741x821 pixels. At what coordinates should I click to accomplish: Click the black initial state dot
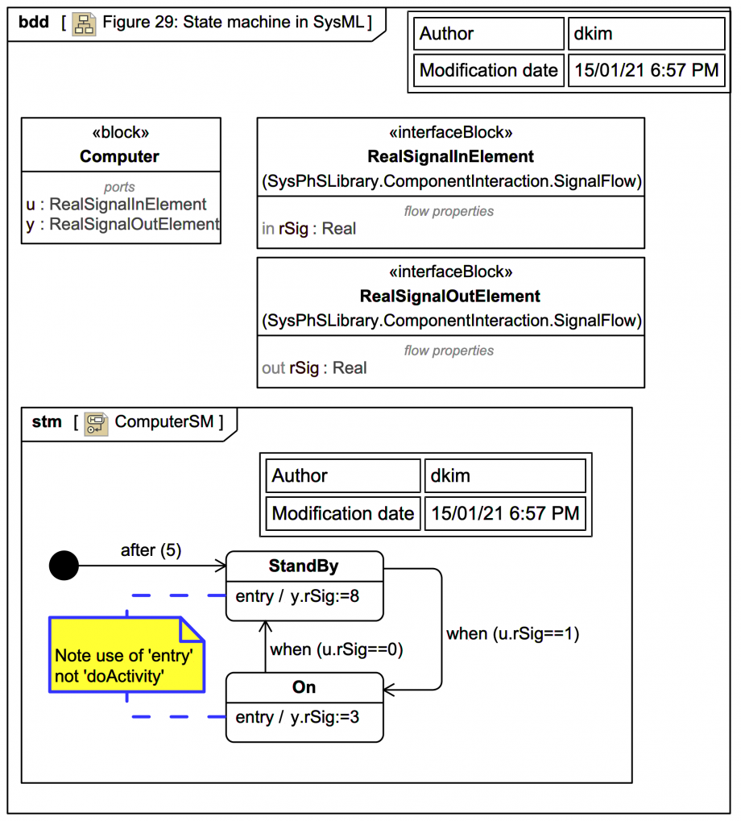point(64,566)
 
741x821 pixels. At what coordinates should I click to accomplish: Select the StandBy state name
point(304,566)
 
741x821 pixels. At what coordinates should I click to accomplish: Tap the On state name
point(304,687)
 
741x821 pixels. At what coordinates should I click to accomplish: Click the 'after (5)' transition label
point(151,550)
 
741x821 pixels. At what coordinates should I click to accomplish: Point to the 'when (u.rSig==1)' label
point(512,633)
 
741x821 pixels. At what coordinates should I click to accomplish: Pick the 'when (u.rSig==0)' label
point(336,649)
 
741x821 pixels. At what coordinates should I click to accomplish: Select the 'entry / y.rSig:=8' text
point(297,597)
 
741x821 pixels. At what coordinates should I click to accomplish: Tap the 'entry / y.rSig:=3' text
point(297,717)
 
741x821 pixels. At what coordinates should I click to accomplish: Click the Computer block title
point(120,156)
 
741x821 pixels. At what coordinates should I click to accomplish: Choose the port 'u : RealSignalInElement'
point(117,205)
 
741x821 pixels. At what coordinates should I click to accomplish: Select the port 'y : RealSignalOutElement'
point(122,224)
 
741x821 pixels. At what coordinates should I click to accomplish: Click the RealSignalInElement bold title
point(450,156)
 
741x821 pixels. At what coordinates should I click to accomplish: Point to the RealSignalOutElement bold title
point(450,296)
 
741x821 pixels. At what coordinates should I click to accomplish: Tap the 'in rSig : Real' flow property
point(309,229)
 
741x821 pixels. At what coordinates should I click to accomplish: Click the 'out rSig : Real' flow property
point(314,368)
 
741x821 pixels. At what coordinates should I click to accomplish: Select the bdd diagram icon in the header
point(84,23)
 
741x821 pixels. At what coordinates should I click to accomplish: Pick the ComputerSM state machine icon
point(97,422)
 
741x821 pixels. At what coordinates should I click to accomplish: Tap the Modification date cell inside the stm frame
point(343,513)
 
